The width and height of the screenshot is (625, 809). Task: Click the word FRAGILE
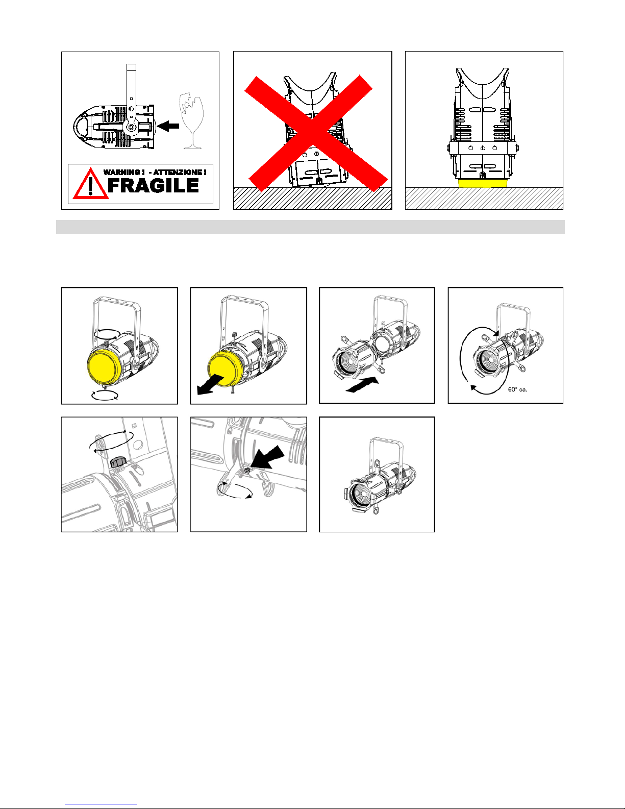click(x=153, y=185)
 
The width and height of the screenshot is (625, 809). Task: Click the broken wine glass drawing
click(x=192, y=120)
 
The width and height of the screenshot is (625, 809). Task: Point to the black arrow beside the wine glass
click(x=168, y=126)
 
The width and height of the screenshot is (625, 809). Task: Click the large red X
click(x=316, y=133)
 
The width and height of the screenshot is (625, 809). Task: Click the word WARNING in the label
click(x=121, y=173)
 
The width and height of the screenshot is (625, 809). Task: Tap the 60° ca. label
click(x=517, y=389)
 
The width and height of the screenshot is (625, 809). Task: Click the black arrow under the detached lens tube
click(x=362, y=384)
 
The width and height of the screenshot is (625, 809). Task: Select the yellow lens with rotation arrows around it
click(x=104, y=366)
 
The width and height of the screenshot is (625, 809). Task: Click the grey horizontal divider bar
click(x=310, y=227)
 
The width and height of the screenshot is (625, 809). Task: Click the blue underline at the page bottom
click(x=101, y=804)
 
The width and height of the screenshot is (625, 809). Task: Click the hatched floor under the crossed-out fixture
click(x=312, y=199)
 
